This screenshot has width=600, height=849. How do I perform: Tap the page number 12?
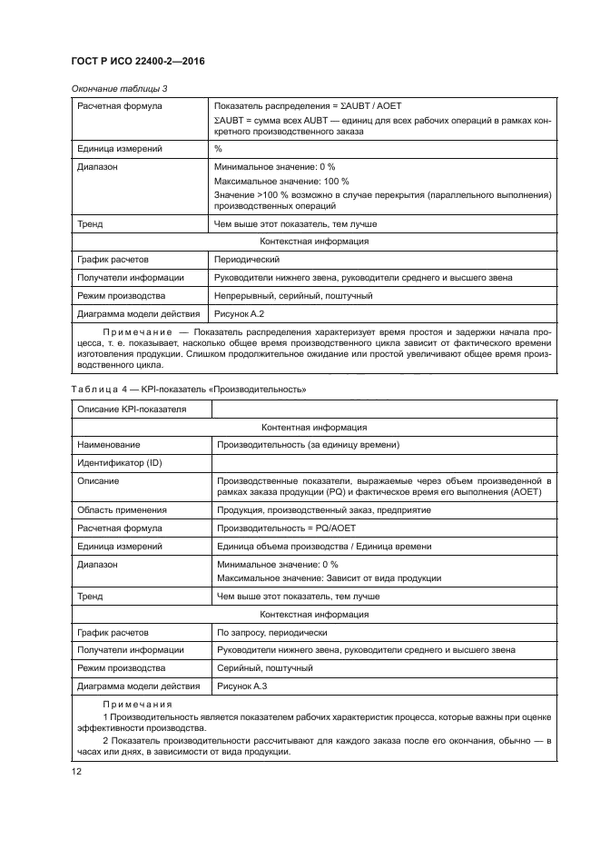pos(75,772)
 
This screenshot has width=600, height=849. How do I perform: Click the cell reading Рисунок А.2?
pos(237,313)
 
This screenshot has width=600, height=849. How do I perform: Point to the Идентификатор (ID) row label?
pos(120,463)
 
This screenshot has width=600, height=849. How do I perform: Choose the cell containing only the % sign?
pos(219,148)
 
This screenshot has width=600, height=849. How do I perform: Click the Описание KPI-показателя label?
pos(132,409)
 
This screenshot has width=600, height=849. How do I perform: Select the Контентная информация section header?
pos(314,426)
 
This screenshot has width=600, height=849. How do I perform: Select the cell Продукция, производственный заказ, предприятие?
pos(310,509)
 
